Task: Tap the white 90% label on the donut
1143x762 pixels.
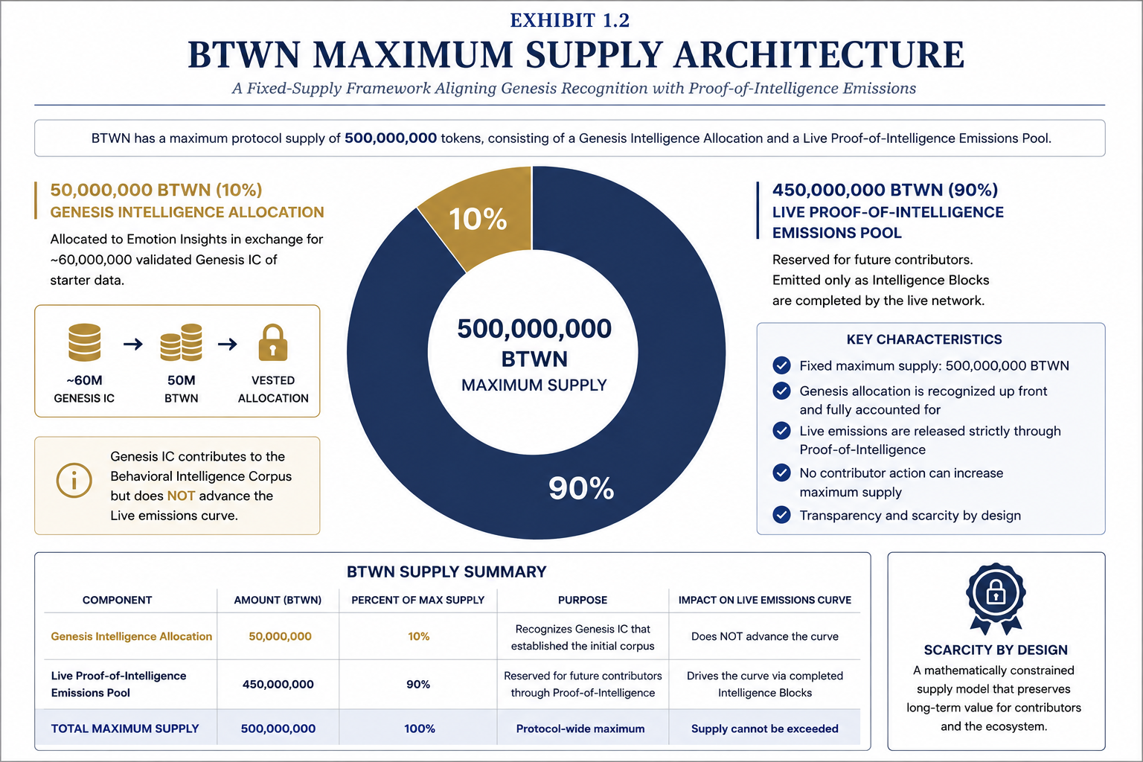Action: click(x=581, y=488)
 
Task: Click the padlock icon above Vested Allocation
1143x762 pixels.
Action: click(x=273, y=343)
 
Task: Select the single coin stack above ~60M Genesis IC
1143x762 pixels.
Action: click(x=84, y=342)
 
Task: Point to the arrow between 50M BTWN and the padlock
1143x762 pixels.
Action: click(x=228, y=344)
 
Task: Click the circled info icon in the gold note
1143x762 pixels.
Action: click(x=74, y=480)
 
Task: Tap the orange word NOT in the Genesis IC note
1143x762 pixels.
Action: click(x=181, y=496)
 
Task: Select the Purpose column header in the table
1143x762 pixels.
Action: click(x=582, y=600)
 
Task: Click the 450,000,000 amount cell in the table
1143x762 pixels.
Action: click(x=278, y=684)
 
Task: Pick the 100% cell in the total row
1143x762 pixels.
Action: click(x=420, y=729)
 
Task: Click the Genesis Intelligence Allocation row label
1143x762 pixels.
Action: click(x=131, y=636)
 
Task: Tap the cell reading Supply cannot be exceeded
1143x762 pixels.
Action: click(x=764, y=729)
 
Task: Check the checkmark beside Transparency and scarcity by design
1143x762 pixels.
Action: click(x=781, y=514)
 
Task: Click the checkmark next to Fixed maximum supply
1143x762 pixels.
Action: click(x=781, y=365)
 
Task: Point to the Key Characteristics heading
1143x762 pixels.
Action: click(x=924, y=339)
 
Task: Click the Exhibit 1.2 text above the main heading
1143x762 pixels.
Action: click(x=570, y=20)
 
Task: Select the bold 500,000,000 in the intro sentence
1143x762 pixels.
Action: click(x=391, y=138)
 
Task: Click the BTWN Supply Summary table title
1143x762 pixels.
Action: click(x=446, y=571)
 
